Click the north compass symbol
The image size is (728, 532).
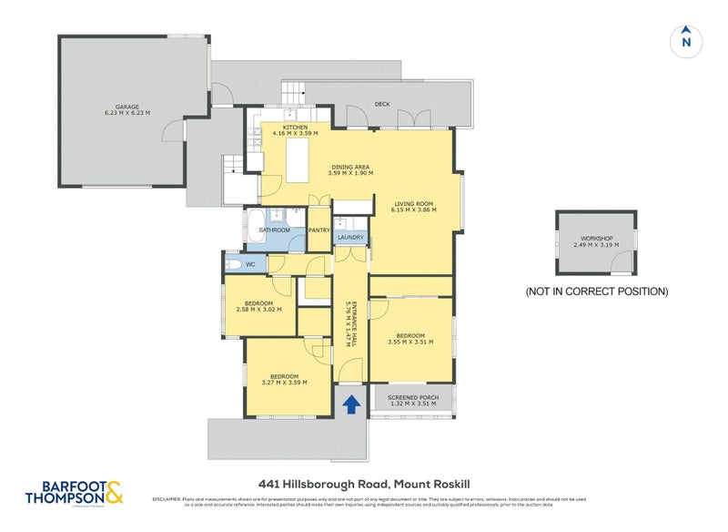point(686,40)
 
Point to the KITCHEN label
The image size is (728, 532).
point(294,128)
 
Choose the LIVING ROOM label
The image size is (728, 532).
point(413,203)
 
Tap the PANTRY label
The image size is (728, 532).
point(318,230)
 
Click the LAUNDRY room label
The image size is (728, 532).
point(350,239)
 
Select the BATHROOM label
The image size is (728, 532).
point(274,230)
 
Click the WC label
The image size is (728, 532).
point(249,264)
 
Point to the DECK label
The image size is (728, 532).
point(382,104)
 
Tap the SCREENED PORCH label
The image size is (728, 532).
point(414,398)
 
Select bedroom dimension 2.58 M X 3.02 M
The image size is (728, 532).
point(258,309)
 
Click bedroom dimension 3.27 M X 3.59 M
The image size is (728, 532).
point(284,382)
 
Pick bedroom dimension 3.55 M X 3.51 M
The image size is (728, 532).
point(409,343)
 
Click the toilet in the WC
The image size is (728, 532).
point(234,264)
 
